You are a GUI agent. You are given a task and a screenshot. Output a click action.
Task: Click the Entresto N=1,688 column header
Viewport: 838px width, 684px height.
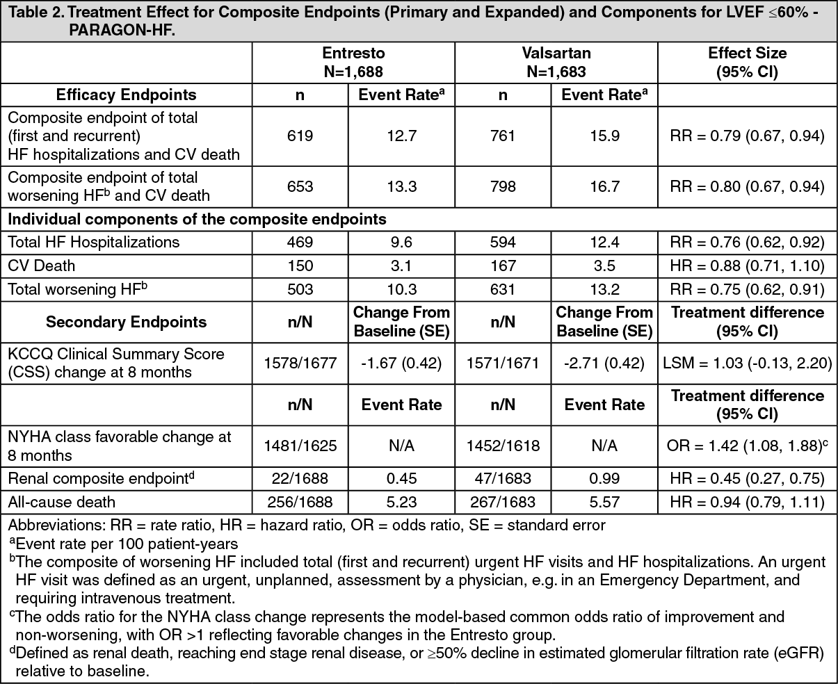pyautogui.click(x=353, y=62)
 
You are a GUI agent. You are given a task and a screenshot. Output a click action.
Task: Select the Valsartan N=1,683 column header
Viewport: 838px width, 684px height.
pyautogui.click(x=556, y=62)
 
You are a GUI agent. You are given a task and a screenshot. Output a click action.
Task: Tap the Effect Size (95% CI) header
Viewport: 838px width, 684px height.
pyautogui.click(x=747, y=62)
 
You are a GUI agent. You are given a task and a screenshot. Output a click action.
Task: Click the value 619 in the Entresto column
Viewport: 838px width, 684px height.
pyautogui.click(x=300, y=136)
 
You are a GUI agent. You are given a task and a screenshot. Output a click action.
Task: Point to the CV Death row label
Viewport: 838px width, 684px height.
pyautogui.click(x=42, y=266)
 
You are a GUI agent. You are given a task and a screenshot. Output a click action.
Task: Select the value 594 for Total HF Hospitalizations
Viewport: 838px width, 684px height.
pyautogui.click(x=503, y=242)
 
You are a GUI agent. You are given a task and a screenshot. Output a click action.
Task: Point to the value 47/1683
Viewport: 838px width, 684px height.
pyautogui.click(x=503, y=479)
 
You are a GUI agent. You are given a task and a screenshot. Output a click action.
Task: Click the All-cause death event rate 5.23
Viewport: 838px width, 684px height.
pyautogui.click(x=401, y=502)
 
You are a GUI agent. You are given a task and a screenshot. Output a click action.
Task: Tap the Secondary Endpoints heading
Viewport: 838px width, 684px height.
pyautogui.click(x=126, y=322)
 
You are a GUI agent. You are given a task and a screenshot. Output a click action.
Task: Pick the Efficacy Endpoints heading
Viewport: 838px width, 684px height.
pyautogui.click(x=126, y=95)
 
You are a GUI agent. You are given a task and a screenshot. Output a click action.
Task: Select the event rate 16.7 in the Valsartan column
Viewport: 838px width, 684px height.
pyautogui.click(x=604, y=186)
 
